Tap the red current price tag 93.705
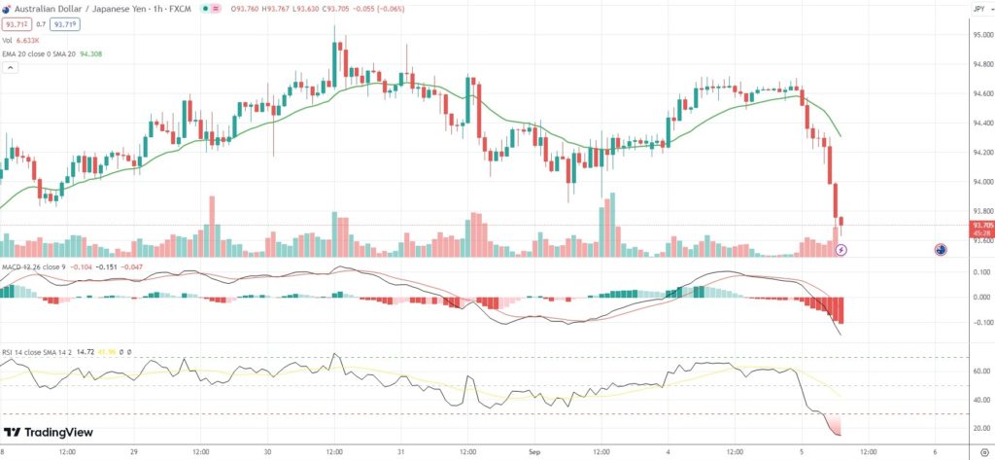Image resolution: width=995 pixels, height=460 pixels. (x=981, y=225)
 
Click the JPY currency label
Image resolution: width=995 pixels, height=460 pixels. (x=978, y=9)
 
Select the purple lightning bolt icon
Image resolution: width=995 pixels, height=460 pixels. (x=841, y=250)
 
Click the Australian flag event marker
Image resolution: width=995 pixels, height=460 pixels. (x=941, y=250)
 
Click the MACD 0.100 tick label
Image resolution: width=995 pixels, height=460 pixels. (x=981, y=272)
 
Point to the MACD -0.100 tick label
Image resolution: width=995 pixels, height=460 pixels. (x=981, y=322)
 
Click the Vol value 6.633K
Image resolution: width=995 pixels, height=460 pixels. (x=28, y=41)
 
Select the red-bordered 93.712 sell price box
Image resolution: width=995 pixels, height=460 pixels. (x=15, y=24)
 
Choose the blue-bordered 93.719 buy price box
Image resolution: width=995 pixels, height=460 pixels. (x=65, y=24)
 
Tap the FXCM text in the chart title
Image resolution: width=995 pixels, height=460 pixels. (x=179, y=9)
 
